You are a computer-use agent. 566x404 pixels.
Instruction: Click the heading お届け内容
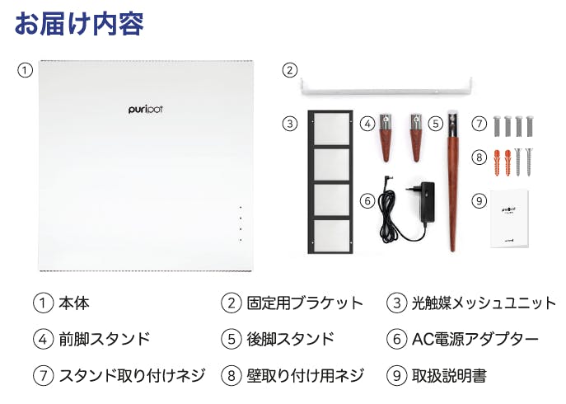point(79,24)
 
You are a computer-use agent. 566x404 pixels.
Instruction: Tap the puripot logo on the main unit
point(146,109)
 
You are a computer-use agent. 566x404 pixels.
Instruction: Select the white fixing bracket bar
point(386,89)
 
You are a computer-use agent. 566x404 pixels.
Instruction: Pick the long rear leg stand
point(452,181)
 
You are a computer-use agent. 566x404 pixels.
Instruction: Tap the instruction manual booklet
point(509,219)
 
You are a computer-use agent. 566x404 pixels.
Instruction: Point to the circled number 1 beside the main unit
point(25,70)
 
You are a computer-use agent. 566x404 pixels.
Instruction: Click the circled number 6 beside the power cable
point(367,200)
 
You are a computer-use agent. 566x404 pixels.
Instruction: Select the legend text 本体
point(74,303)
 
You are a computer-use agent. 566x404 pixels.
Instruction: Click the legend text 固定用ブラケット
point(305,303)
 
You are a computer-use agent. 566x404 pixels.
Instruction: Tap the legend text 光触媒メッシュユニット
point(484,303)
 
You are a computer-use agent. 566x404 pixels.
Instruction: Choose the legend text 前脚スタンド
point(105,339)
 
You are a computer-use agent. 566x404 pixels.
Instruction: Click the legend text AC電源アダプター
point(475,339)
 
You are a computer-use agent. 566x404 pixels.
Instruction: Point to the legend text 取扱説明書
point(449,375)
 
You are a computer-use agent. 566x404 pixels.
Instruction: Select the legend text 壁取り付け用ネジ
point(305,375)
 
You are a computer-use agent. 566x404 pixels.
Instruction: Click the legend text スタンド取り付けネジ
point(132,375)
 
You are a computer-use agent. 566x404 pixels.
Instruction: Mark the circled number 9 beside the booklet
point(479,200)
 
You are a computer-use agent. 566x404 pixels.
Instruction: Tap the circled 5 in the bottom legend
point(232,340)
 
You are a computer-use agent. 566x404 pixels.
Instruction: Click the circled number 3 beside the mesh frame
point(289,124)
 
